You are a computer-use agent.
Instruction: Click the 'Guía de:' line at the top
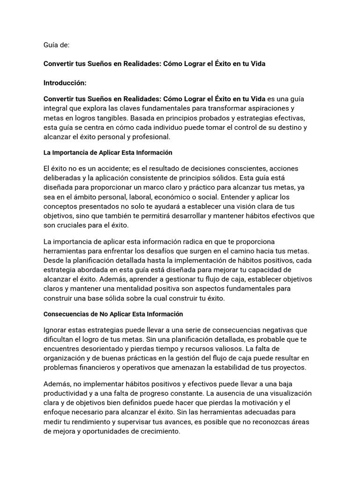click(56, 45)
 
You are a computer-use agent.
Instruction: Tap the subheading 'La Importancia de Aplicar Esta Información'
click(108, 153)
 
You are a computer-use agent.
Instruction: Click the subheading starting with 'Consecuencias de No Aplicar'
click(113, 314)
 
